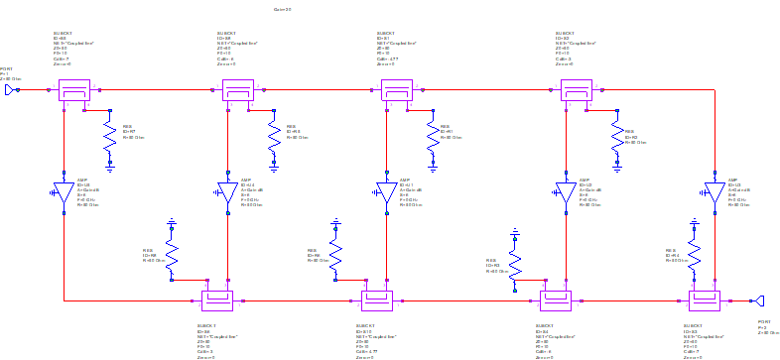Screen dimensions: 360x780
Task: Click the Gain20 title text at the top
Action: (283, 8)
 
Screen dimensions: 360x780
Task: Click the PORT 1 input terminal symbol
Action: (10, 90)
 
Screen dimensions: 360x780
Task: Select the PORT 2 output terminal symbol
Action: (758, 300)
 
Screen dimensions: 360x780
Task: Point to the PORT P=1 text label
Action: (7, 72)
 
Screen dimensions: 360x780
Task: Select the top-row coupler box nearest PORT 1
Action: (73, 90)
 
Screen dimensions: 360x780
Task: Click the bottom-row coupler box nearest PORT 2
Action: (704, 300)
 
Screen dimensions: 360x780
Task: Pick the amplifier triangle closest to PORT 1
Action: (64, 190)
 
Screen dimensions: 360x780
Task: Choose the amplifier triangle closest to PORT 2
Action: (714, 190)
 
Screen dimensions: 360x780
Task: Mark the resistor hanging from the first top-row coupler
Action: (108, 140)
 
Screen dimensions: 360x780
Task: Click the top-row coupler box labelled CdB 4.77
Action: (397, 90)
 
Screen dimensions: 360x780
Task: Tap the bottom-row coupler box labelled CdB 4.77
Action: (377, 300)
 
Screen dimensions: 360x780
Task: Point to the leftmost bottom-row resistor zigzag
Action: (171, 255)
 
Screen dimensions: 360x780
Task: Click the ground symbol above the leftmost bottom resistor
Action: (171, 222)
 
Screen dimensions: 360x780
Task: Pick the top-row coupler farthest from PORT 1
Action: (576, 90)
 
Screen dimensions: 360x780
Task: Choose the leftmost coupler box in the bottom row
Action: (216, 300)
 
